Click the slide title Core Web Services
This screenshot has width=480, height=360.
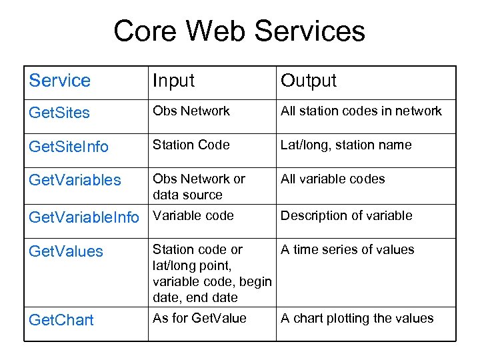click(239, 31)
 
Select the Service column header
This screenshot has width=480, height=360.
click(60, 81)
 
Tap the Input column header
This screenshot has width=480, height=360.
click(173, 81)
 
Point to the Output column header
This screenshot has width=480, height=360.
click(309, 81)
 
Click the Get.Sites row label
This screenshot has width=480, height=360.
click(59, 113)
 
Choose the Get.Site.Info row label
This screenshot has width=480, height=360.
click(69, 147)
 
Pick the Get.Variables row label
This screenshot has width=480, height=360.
click(75, 180)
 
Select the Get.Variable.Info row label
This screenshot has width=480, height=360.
click(84, 217)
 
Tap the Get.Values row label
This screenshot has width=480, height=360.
click(66, 251)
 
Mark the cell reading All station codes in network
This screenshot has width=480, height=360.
click(361, 111)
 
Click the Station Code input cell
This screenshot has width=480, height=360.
click(191, 145)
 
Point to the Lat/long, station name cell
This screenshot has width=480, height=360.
click(346, 145)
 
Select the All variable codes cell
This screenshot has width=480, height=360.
click(333, 179)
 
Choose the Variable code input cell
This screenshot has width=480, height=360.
click(193, 215)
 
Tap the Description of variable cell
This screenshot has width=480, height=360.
click(346, 215)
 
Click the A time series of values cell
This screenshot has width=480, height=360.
click(347, 249)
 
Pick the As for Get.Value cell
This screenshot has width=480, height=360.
click(199, 318)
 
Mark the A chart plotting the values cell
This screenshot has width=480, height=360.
click(357, 318)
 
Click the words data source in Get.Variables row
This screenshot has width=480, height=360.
click(187, 195)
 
